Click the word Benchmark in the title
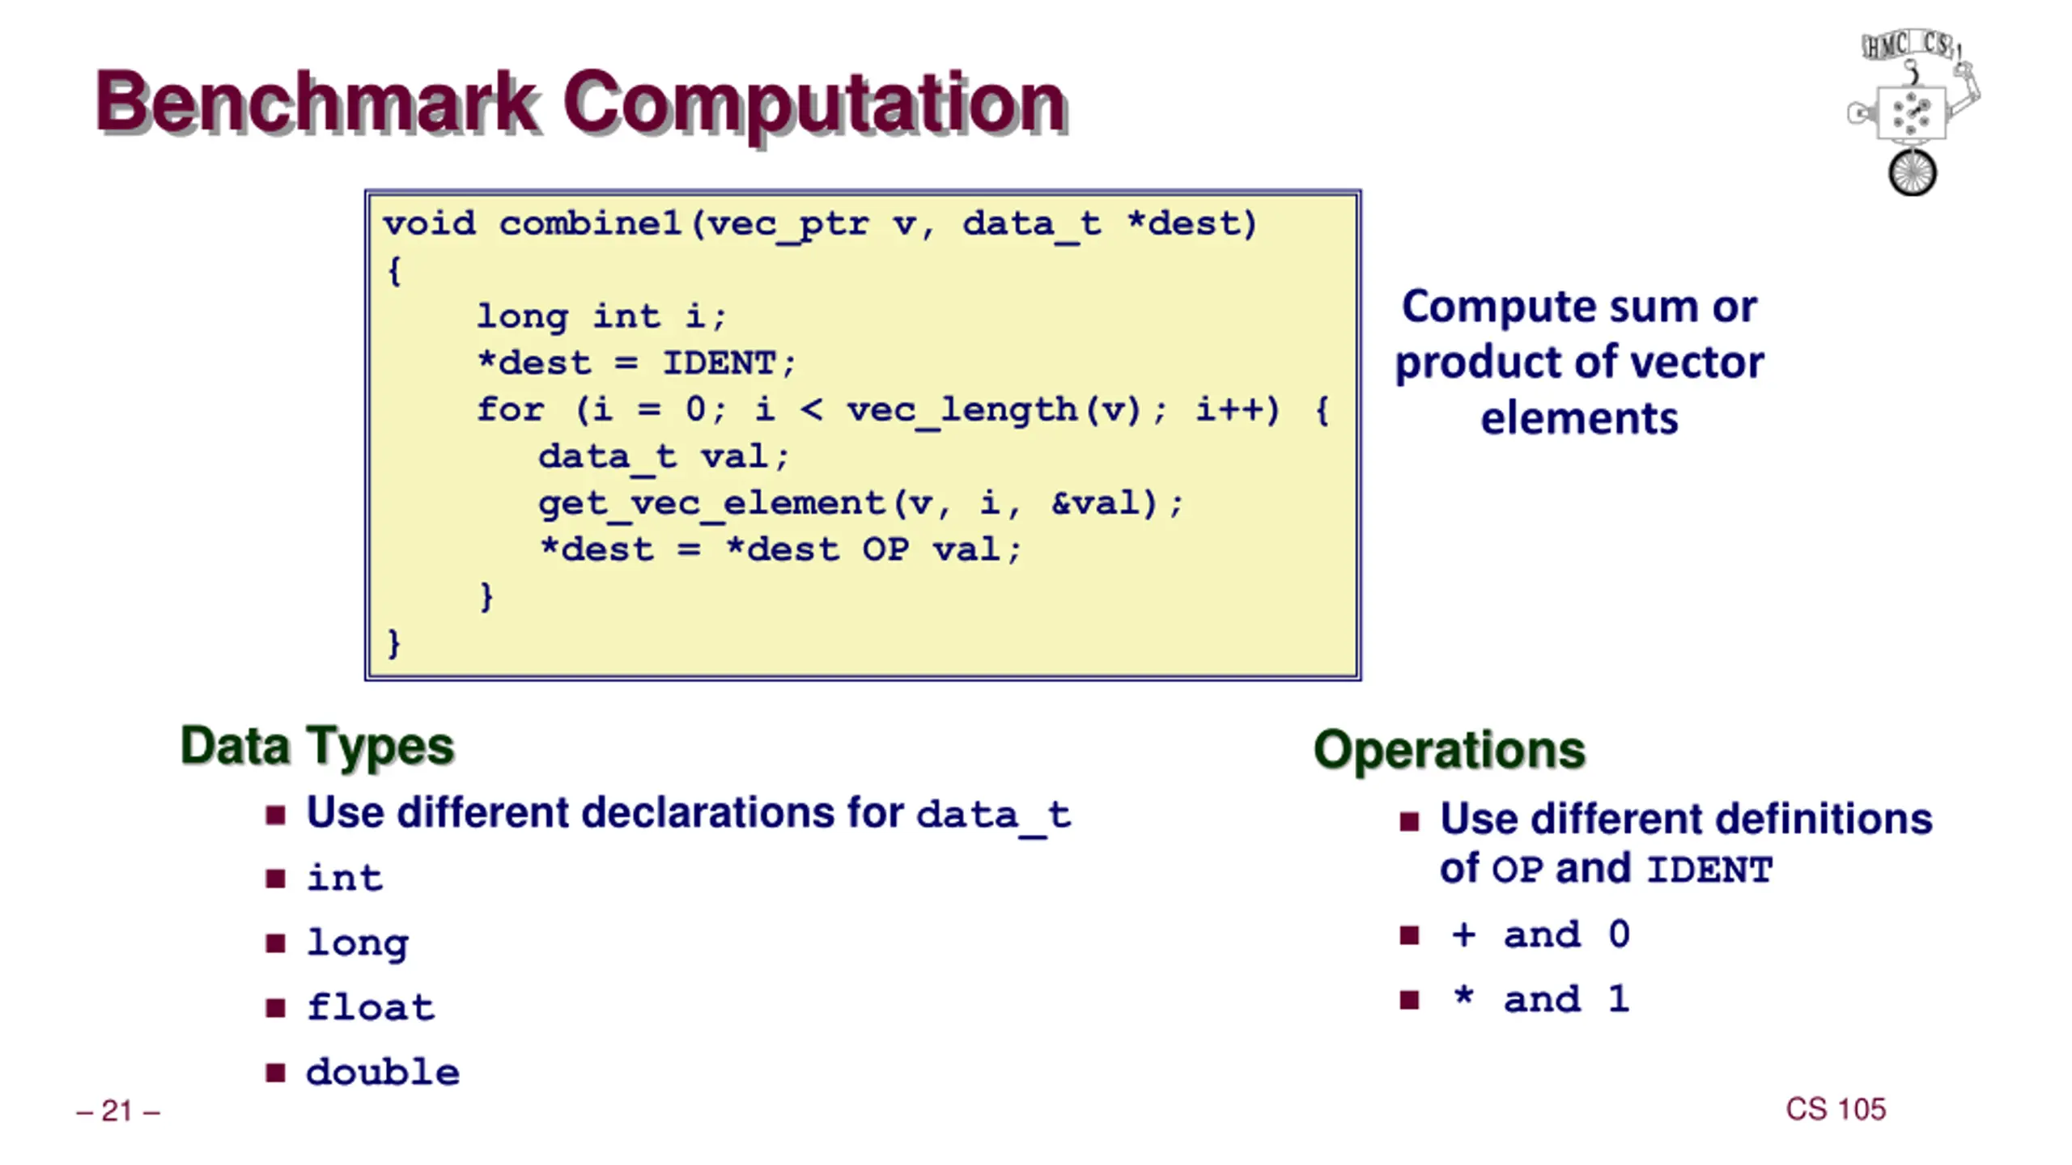tap(316, 103)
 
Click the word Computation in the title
tap(814, 103)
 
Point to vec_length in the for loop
tap(962, 410)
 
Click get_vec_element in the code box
tap(712, 504)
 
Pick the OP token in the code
tap(885, 550)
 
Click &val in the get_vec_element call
tap(1095, 504)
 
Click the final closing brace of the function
tap(394, 643)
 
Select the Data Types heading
tap(317, 746)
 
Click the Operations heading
tap(1449, 750)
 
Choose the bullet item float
tap(371, 1008)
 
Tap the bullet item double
tap(383, 1073)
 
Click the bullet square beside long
tap(275, 943)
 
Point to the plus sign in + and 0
tap(1463, 935)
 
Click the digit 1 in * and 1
tap(1618, 1000)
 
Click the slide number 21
tap(117, 1112)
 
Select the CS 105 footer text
tap(1836, 1109)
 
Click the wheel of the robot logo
tap(1912, 172)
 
